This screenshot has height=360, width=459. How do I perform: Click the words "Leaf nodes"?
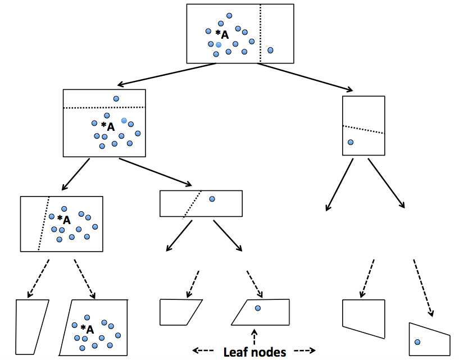click(x=255, y=352)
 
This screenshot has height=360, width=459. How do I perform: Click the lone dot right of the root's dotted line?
click(x=270, y=50)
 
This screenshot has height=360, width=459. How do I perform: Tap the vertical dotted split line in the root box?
click(x=260, y=33)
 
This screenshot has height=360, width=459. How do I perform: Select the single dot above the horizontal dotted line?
click(x=116, y=99)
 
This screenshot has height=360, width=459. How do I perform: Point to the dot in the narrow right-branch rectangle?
click(x=351, y=142)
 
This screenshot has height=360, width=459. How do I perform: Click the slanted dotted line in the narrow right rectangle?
click(x=363, y=130)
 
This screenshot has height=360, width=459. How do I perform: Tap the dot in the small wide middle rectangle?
click(x=212, y=199)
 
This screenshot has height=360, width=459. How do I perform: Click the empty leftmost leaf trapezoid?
click(x=31, y=327)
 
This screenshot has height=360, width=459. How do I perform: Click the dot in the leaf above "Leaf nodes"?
click(x=258, y=308)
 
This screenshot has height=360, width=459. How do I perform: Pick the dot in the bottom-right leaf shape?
click(x=417, y=342)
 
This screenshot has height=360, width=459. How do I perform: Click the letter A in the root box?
click(x=225, y=35)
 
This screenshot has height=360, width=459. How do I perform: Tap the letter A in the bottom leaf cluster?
click(x=90, y=330)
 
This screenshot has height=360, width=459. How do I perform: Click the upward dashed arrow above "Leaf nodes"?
click(x=254, y=336)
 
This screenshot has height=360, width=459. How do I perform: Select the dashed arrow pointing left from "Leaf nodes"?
click(x=203, y=350)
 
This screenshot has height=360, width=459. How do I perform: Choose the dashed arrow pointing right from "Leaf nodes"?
click(x=305, y=350)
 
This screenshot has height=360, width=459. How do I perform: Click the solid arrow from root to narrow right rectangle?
click(x=305, y=77)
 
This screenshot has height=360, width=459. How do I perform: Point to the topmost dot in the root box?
click(x=229, y=16)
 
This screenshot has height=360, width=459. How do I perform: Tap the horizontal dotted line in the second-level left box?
click(x=104, y=108)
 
